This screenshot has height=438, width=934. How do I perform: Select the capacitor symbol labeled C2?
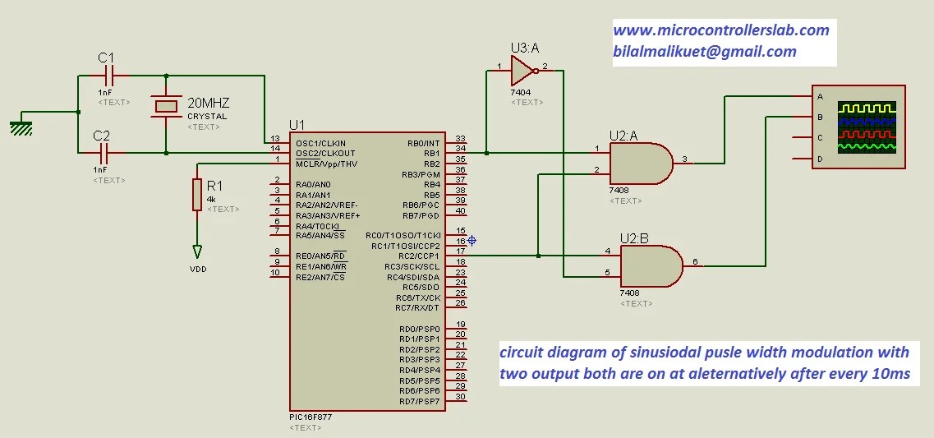click(104, 153)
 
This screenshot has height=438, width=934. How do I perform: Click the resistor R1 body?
click(197, 195)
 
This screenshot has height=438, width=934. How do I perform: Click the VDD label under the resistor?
click(198, 269)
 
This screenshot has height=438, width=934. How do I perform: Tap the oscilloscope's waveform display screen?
click(867, 127)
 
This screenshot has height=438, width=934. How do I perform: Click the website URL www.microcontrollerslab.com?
click(720, 30)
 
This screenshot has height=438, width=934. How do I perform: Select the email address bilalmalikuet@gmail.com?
click(704, 52)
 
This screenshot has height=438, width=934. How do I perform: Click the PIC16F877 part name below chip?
click(311, 417)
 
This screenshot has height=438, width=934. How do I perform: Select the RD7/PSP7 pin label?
click(419, 401)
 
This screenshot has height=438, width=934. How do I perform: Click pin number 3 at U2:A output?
click(685, 159)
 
